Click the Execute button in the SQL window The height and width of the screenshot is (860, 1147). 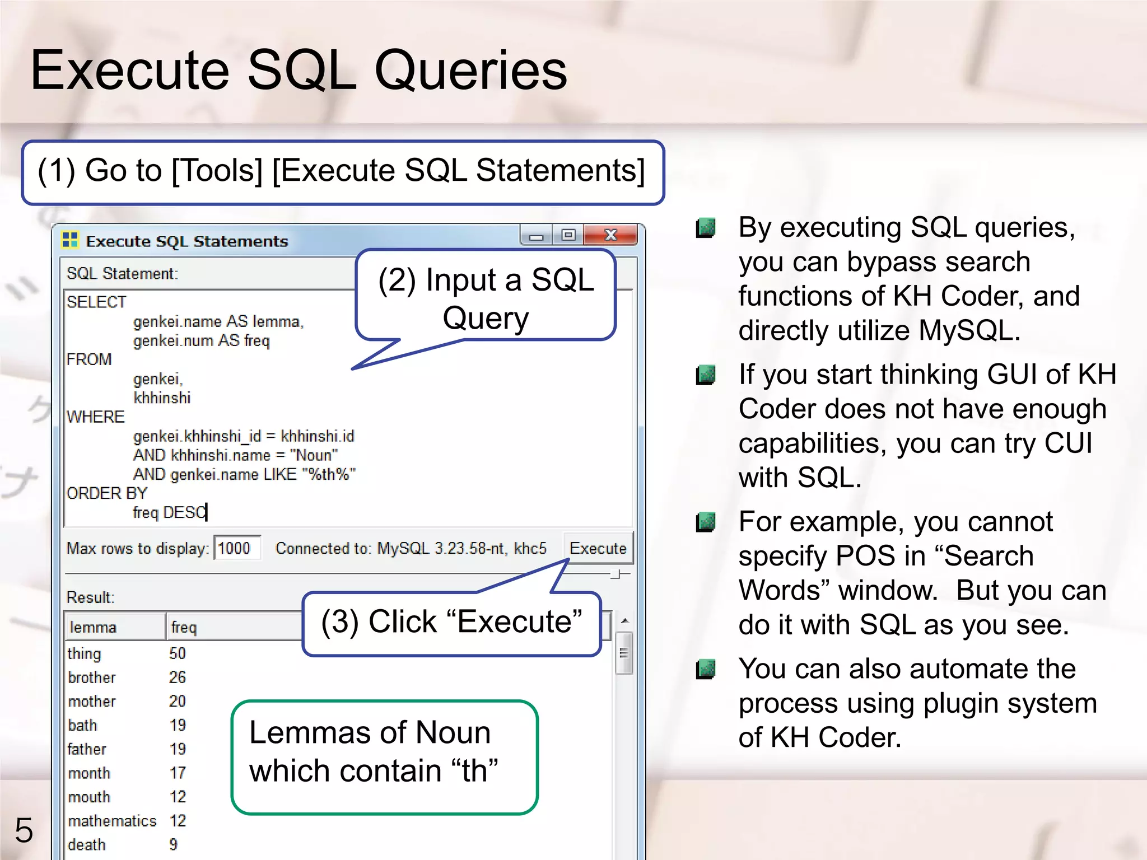(598, 548)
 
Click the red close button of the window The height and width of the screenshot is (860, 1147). (610, 235)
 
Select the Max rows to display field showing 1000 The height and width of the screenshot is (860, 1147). (237, 548)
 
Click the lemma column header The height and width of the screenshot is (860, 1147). (93, 627)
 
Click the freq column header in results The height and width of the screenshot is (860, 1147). (184, 627)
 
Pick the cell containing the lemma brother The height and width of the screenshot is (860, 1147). (92, 677)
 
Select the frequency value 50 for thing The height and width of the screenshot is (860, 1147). (178, 653)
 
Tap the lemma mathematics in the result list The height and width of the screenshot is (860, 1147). (113, 821)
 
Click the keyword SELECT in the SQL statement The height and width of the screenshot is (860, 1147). (96, 302)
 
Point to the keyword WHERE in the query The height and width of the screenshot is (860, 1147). (96, 417)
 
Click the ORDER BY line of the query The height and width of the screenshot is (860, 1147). (107, 493)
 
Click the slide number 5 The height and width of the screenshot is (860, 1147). (24, 830)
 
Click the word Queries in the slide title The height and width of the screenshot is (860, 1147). (470, 71)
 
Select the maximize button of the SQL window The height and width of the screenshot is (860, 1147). (568, 235)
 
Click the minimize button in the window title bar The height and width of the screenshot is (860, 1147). (537, 236)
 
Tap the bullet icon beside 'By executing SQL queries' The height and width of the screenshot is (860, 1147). (706, 228)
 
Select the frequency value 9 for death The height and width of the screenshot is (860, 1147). (174, 844)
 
